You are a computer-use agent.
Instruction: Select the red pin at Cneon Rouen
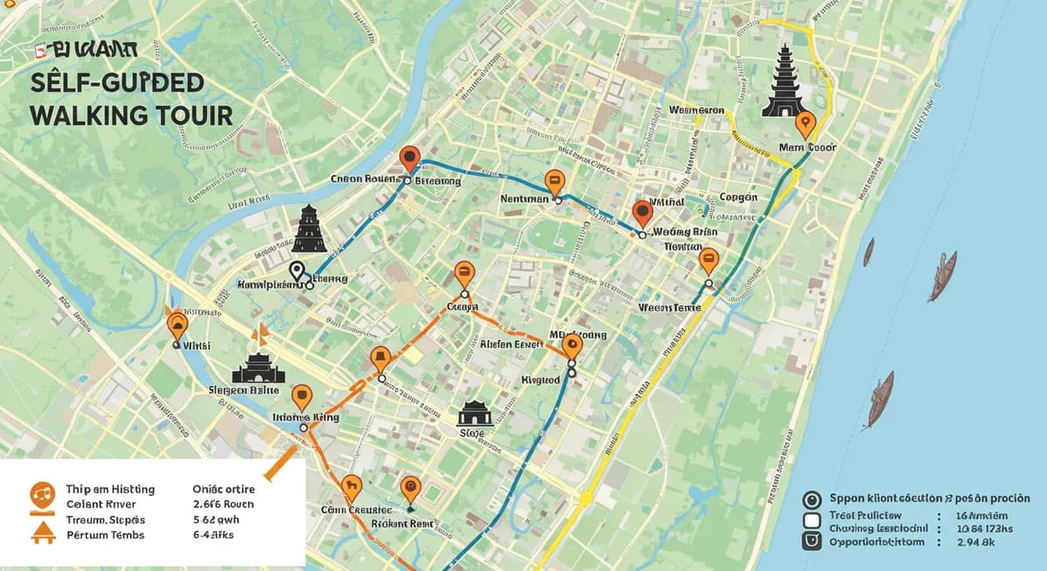[409, 159]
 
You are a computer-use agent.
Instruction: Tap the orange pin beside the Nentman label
[553, 182]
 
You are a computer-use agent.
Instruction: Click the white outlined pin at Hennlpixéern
[297, 272]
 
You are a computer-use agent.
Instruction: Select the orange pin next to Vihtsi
[177, 325]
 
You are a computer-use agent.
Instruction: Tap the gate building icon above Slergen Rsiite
[258, 369]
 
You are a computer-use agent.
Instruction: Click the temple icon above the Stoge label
[475, 413]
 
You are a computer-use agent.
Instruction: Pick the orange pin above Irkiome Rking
[302, 397]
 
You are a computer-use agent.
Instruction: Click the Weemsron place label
[697, 111]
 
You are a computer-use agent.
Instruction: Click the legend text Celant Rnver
[100, 504]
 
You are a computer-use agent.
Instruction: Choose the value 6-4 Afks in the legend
[215, 534]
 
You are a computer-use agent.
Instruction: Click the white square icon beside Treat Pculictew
[811, 520]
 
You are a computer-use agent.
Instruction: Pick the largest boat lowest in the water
[879, 398]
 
